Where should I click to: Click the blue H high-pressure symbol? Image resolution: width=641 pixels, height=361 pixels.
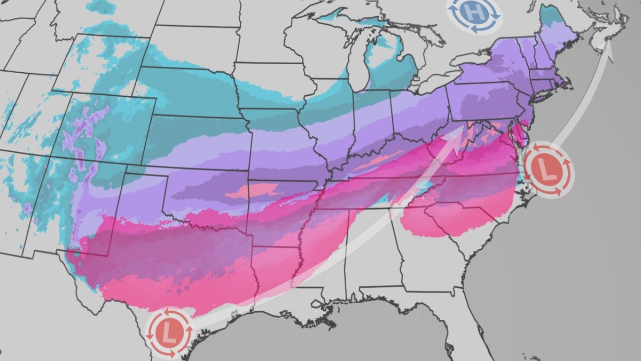473,12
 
